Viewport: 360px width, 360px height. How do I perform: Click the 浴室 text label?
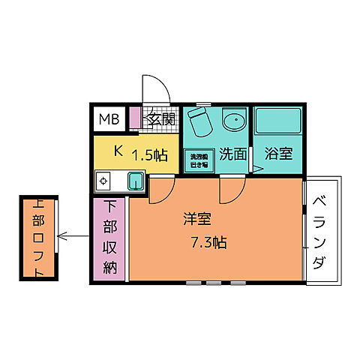(277, 154)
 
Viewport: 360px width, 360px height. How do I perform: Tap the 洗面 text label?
(234, 154)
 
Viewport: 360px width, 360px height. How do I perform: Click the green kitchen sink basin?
(136, 181)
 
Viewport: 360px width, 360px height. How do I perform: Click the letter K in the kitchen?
(118, 151)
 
